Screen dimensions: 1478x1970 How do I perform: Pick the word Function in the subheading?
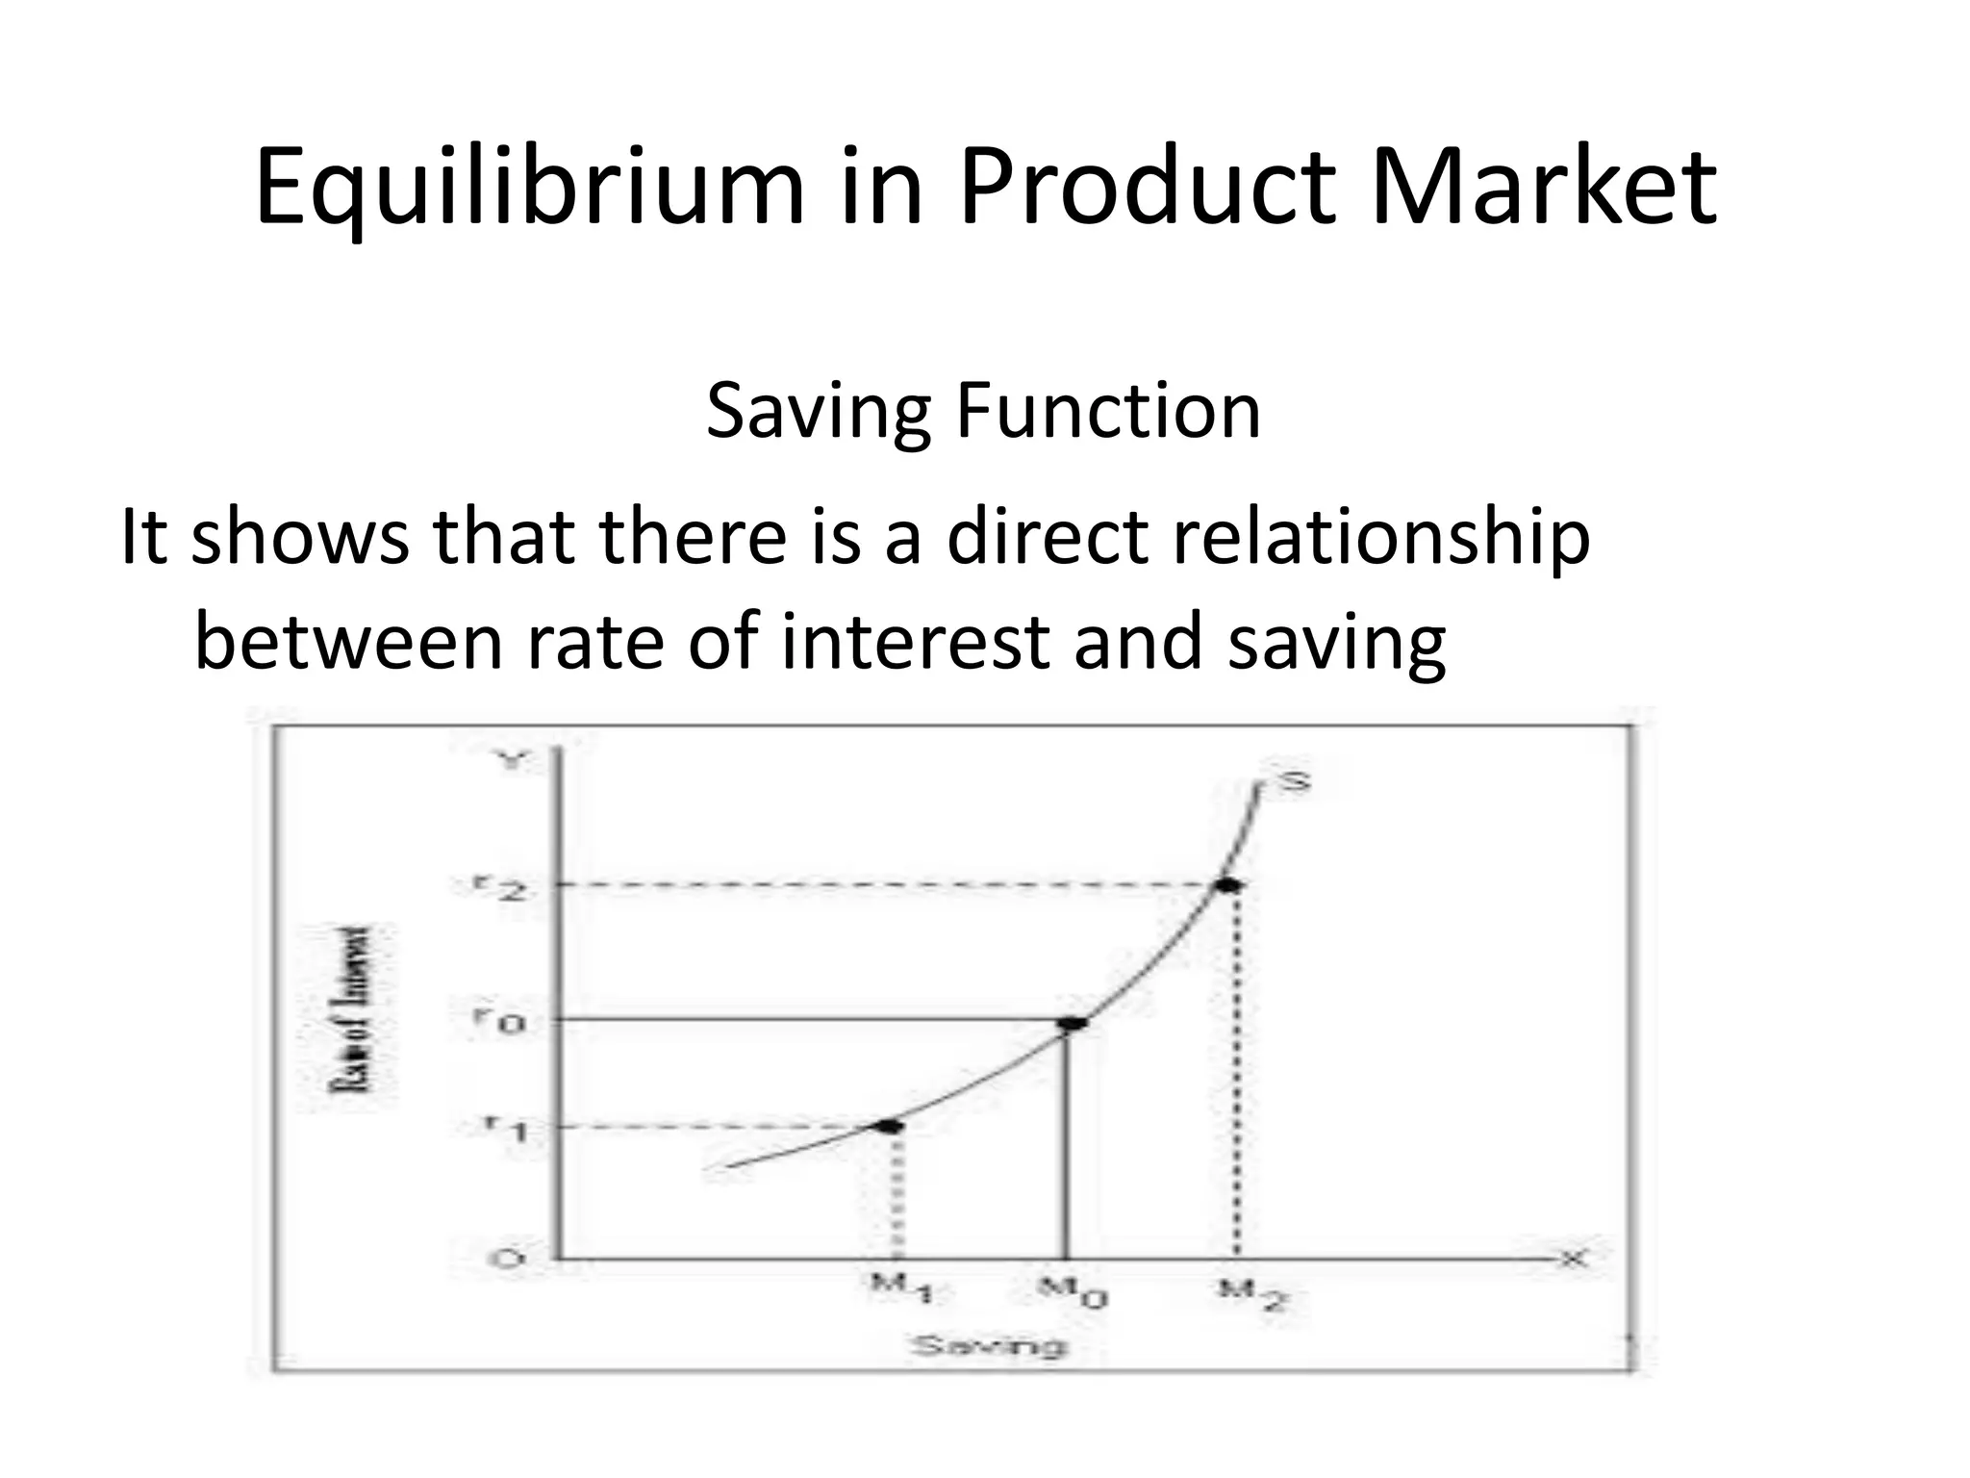coord(1107,412)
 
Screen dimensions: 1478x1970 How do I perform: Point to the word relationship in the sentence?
coord(1380,537)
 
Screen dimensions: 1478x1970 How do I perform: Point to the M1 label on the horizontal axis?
coord(900,1289)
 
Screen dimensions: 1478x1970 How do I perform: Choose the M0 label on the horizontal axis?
coord(1072,1291)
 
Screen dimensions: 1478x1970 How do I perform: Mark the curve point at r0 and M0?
coord(1072,1023)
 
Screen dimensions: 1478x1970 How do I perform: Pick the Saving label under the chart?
coord(989,1345)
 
